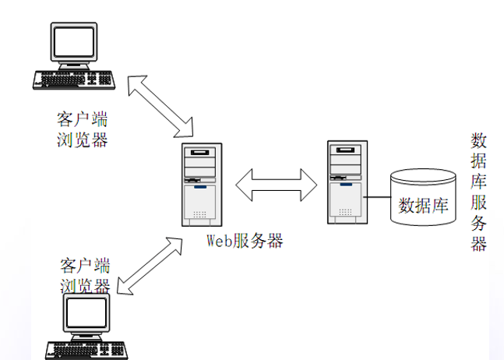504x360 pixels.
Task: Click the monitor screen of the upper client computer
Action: [x=75, y=42]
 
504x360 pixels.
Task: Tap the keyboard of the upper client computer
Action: [x=75, y=79]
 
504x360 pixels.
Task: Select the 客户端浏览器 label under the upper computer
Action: [x=82, y=130]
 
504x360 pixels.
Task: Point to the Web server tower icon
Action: [x=199, y=184]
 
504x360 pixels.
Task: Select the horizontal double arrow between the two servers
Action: [x=277, y=185]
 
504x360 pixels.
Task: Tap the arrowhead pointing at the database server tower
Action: [x=309, y=185]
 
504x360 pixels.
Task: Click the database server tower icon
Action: [x=344, y=182]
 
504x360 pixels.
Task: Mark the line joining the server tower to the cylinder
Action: [x=377, y=196]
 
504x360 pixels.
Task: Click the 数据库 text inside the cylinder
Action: [x=423, y=206]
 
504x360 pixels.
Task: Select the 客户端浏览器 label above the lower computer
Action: [x=85, y=275]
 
